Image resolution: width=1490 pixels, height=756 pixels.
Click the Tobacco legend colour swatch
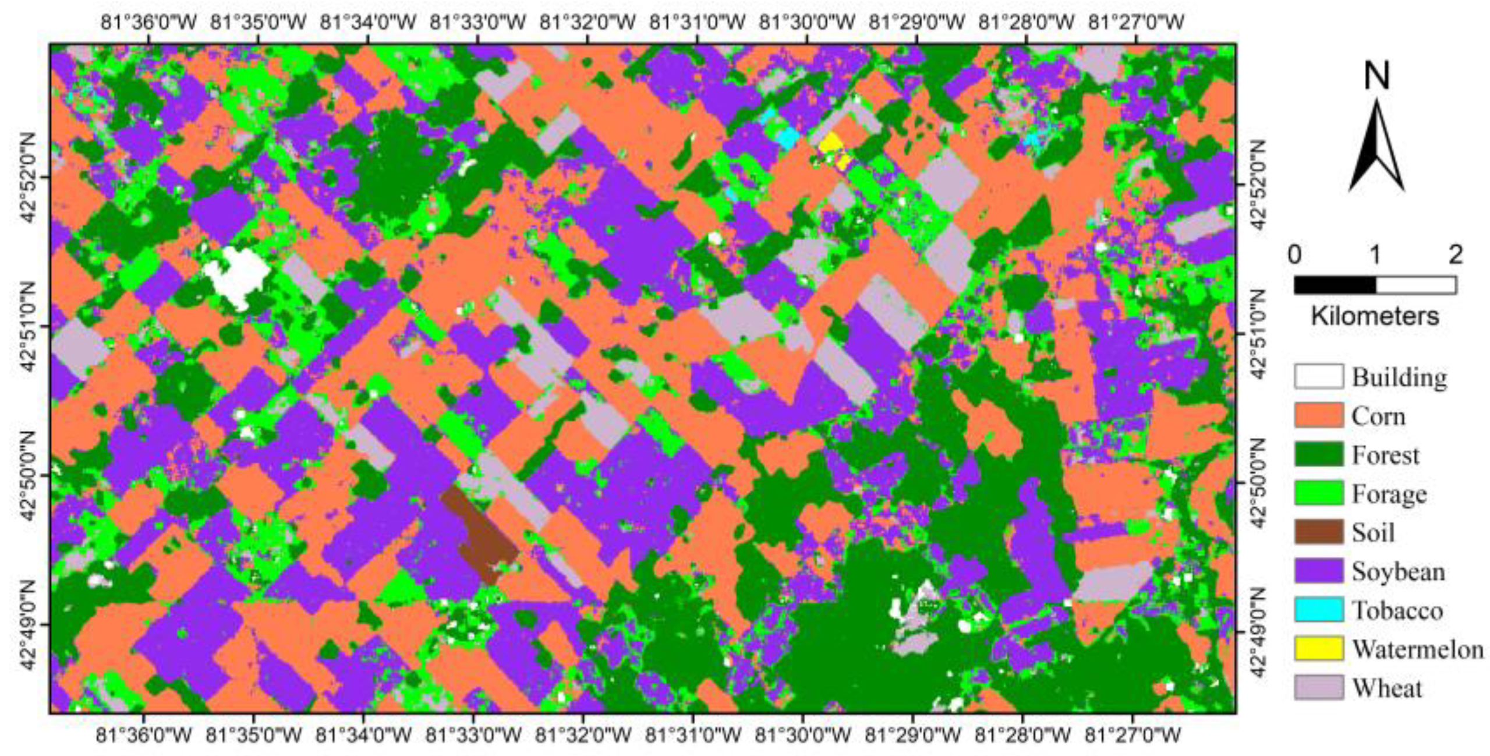pos(1319,610)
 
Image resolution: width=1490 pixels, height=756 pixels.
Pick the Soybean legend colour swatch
pos(1319,571)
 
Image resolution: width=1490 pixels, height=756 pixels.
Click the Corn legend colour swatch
pos(1319,415)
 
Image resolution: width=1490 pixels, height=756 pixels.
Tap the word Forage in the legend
pos(1389,494)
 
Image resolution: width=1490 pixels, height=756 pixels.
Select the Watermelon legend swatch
pos(1319,649)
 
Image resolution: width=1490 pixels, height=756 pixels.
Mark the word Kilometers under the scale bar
pos(1375,316)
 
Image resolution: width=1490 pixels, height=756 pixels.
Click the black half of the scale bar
pos(1335,285)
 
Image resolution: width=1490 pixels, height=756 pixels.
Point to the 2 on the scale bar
pos(1455,255)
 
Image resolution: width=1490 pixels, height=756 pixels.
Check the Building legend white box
pos(1319,376)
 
